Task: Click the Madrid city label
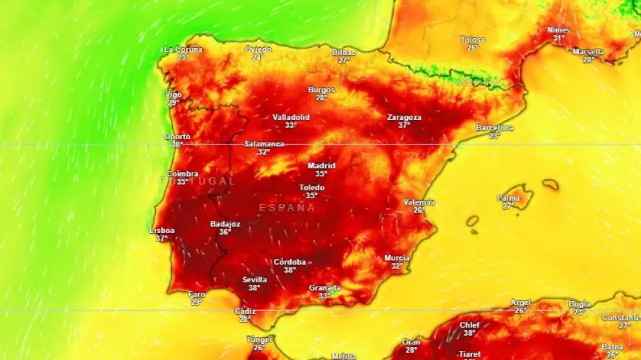pyautogui.click(x=321, y=166)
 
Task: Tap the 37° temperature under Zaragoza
pyautogui.click(x=404, y=126)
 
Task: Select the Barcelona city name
pyautogui.click(x=495, y=128)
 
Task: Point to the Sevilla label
pyautogui.click(x=254, y=280)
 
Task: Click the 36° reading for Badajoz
pyautogui.click(x=225, y=232)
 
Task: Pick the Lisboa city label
pyautogui.click(x=162, y=231)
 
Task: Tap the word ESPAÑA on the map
pyautogui.click(x=287, y=208)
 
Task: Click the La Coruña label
pyautogui.click(x=183, y=49)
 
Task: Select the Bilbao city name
pyautogui.click(x=344, y=52)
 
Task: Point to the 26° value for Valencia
pyautogui.click(x=418, y=210)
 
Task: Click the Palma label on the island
pyautogui.click(x=508, y=198)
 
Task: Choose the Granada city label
pyautogui.click(x=324, y=288)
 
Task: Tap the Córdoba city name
pyautogui.click(x=289, y=262)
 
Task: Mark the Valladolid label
pyautogui.click(x=291, y=117)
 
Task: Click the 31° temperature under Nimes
pyautogui.click(x=558, y=38)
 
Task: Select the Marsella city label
pyautogui.click(x=589, y=52)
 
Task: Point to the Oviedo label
pyautogui.click(x=258, y=49)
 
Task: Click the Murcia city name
pyautogui.click(x=397, y=258)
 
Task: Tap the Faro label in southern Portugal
pyautogui.click(x=196, y=295)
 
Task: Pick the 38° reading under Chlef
pyautogui.click(x=469, y=333)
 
